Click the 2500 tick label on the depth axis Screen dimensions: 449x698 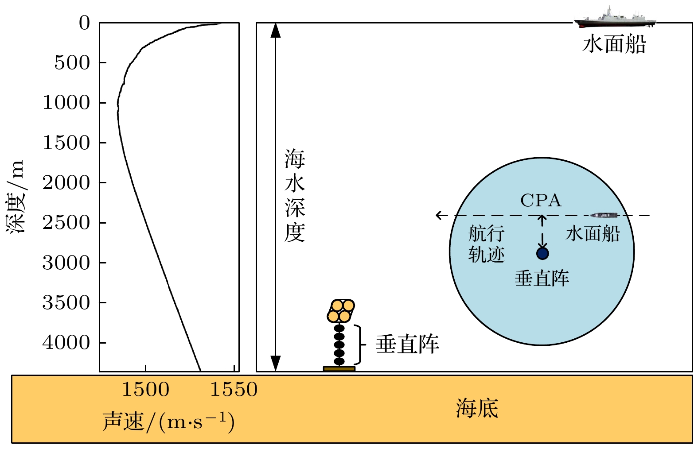(66, 223)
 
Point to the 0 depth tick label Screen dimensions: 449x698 (84, 23)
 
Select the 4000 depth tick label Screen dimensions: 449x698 (66, 343)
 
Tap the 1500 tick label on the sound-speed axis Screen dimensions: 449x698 (145, 390)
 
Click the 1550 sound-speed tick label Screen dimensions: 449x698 (234, 390)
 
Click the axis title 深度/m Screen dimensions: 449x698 (16, 197)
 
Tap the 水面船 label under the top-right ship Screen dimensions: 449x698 (614, 44)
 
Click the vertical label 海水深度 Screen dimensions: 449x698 (295, 196)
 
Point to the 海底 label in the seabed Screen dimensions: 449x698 (477, 408)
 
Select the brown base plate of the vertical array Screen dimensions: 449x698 (339, 368)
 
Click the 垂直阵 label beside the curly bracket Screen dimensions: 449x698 (407, 344)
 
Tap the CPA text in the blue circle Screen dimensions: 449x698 (541, 201)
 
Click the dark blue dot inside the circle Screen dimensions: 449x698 (542, 253)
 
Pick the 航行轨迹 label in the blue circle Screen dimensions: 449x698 (486, 244)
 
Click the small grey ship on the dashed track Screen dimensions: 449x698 (604, 215)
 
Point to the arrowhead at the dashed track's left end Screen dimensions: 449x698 (439, 215)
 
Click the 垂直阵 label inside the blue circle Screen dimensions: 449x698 (542, 279)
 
